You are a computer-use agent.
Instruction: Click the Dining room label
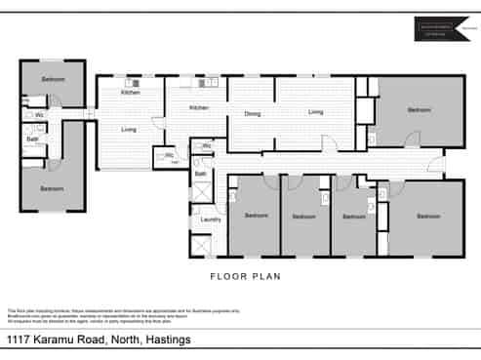click(x=252, y=114)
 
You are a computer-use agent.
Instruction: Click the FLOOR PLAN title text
click(x=246, y=276)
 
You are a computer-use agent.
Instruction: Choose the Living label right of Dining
click(x=315, y=112)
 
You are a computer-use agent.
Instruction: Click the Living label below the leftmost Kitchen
click(x=128, y=129)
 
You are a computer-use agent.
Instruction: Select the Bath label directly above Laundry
click(x=200, y=174)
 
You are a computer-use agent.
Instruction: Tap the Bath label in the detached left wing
click(x=32, y=139)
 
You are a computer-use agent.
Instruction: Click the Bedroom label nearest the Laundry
click(x=256, y=216)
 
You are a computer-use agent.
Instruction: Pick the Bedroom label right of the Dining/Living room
click(x=419, y=110)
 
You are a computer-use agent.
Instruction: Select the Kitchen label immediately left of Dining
click(x=199, y=107)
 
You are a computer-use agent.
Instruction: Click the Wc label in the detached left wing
click(x=39, y=115)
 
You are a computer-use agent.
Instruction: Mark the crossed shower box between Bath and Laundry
click(x=200, y=195)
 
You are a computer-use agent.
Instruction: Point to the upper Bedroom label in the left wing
click(x=54, y=78)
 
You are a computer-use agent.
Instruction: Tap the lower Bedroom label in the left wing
click(x=53, y=188)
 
